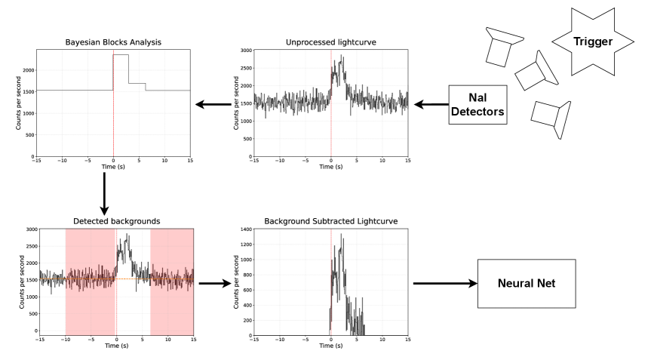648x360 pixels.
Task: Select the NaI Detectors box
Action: (x=476, y=105)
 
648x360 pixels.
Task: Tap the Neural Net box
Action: (x=526, y=284)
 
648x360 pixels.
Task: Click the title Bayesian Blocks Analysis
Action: (x=112, y=42)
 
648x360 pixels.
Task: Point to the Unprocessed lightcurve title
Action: (x=330, y=42)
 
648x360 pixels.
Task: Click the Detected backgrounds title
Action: (x=116, y=221)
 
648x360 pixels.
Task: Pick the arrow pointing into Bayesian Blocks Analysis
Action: (x=213, y=105)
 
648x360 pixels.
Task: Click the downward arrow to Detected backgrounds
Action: (x=104, y=192)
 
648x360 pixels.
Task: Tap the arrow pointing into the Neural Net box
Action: (x=446, y=284)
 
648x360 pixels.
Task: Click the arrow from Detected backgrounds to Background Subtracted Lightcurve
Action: (x=214, y=284)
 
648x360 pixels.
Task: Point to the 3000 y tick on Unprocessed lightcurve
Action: (x=244, y=50)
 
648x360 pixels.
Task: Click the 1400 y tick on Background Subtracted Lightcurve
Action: (x=244, y=229)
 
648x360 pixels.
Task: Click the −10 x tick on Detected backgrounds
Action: (x=66, y=340)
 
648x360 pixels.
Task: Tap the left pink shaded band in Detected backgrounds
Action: (x=90, y=279)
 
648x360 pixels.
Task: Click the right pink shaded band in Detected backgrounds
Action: (x=172, y=279)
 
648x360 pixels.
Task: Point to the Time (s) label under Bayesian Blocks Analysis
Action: (x=112, y=168)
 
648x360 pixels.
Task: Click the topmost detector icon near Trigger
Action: (x=499, y=46)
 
